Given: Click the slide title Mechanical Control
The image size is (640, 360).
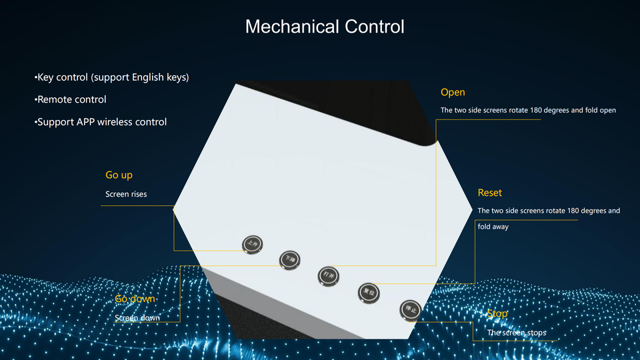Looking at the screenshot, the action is click(x=325, y=27).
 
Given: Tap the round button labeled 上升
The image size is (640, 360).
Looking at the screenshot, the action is click(x=252, y=244).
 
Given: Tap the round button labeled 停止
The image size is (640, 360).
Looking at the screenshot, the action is click(x=410, y=310).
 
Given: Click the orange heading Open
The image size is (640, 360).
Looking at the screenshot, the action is click(x=453, y=92).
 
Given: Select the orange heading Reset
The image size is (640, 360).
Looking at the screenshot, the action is click(x=489, y=193).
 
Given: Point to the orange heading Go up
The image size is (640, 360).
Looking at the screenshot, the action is click(x=119, y=175).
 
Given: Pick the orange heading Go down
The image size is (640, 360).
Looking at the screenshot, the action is click(x=135, y=299).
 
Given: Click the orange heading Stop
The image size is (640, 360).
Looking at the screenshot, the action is click(x=497, y=313).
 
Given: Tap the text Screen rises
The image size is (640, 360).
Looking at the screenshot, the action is click(x=126, y=194).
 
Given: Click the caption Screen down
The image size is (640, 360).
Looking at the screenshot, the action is click(x=137, y=318).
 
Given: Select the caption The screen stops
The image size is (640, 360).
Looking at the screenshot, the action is click(x=517, y=333).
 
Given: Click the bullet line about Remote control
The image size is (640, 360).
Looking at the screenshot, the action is click(x=71, y=99).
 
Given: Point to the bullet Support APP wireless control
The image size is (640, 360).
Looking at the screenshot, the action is click(x=101, y=122).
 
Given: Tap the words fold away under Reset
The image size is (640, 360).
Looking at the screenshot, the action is click(x=493, y=227).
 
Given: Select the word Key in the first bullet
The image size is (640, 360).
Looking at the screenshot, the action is click(x=45, y=77).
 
